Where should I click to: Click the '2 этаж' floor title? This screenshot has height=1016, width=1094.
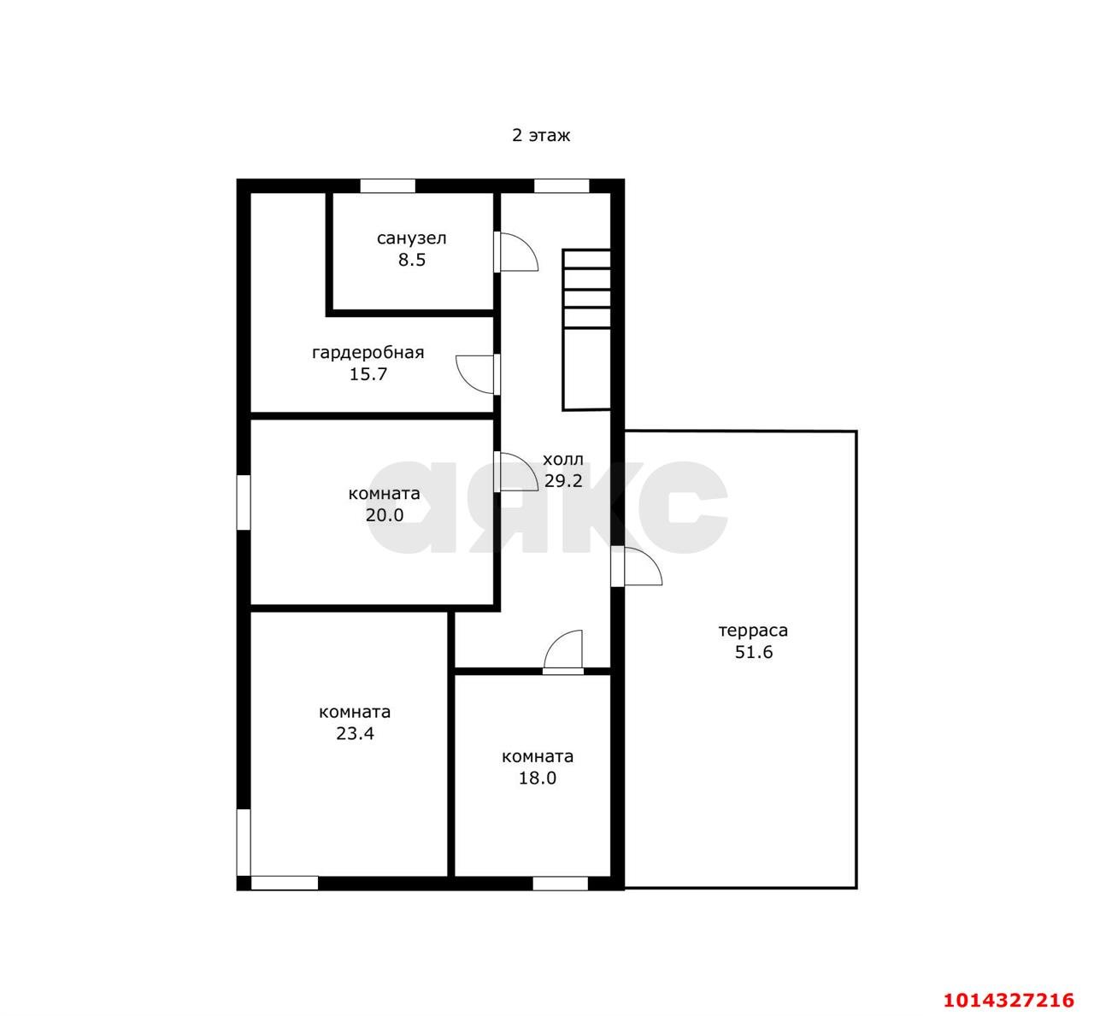540,136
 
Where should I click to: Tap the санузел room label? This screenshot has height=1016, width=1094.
411,238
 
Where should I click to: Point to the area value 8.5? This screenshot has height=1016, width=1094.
411,260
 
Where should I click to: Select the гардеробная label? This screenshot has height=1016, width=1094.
368,353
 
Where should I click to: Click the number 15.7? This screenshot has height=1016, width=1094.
368,374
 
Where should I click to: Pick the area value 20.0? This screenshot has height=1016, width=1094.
385,515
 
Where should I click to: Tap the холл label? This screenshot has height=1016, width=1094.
562,460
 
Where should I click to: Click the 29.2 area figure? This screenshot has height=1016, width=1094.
563,481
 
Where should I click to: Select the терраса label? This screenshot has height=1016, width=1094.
753,631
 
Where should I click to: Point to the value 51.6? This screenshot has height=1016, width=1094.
754,652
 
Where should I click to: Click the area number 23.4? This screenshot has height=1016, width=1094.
355,734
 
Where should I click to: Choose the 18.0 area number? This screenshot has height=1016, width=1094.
537,778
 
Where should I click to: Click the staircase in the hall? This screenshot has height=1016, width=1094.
586,330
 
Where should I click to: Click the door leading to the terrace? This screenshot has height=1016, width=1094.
636,566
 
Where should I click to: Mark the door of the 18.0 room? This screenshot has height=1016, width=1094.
563,652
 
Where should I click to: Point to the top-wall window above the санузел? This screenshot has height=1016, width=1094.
387,185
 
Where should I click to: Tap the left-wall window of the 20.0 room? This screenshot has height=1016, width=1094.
244,502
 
